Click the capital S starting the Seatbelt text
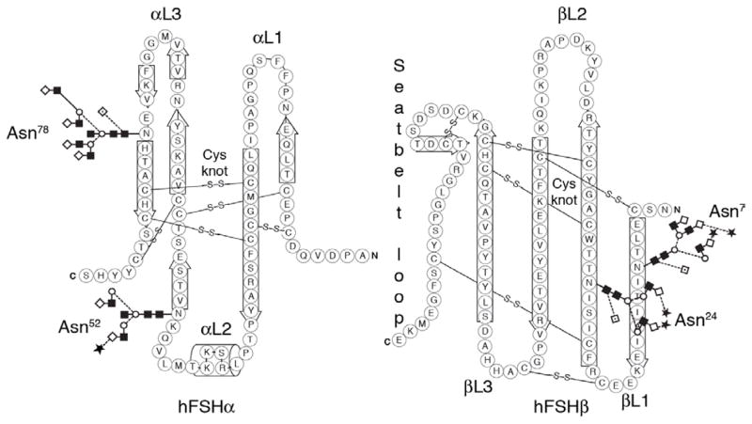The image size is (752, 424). tap(399, 67)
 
